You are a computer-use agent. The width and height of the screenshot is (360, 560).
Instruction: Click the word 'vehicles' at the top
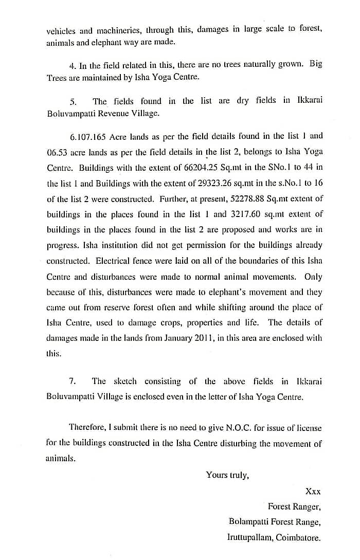(61, 30)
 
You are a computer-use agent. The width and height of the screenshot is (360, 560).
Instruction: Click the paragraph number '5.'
(73, 101)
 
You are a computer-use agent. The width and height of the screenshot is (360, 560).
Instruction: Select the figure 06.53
(57, 152)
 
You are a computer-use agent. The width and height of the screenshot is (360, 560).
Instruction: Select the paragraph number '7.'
(73, 381)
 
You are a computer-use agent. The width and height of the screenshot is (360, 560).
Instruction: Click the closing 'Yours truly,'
(227, 475)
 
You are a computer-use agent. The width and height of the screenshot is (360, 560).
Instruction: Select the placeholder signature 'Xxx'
(313, 491)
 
